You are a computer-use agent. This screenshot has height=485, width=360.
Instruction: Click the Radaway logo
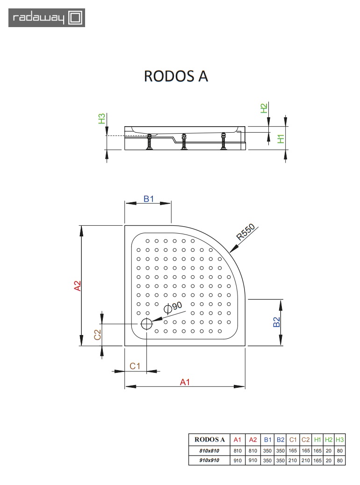click(x=47, y=18)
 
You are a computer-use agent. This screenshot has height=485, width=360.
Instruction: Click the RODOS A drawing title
click(x=176, y=76)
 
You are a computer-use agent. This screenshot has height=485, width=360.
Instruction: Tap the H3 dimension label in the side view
click(x=101, y=119)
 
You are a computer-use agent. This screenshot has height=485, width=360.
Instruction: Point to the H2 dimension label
click(x=264, y=108)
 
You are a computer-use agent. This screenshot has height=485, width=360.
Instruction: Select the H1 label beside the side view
click(x=281, y=139)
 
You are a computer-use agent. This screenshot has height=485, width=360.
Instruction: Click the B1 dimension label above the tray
click(x=149, y=199)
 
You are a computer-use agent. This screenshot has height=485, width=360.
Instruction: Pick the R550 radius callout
click(x=245, y=232)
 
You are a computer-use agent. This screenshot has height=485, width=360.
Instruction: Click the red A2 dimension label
click(x=78, y=285)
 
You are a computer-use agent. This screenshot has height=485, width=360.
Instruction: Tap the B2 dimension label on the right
click(x=276, y=322)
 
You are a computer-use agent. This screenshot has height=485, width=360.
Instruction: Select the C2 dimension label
click(x=98, y=335)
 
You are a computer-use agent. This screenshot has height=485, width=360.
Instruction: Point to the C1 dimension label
click(x=135, y=366)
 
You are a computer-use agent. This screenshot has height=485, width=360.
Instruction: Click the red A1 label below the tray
click(x=185, y=382)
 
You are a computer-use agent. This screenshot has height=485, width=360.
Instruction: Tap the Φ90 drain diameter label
click(x=173, y=307)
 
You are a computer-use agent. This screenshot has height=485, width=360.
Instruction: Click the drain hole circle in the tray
click(x=147, y=324)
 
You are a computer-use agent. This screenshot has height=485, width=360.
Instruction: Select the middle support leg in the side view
click(x=184, y=142)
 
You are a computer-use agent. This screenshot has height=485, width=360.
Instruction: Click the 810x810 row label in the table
click(x=209, y=451)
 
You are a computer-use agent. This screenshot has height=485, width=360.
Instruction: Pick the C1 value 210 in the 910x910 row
click(x=293, y=461)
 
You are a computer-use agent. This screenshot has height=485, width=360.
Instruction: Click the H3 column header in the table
click(x=339, y=440)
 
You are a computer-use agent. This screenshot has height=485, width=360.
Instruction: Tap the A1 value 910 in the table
click(x=238, y=461)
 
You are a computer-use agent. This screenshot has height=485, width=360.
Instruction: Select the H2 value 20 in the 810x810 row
click(x=329, y=451)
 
